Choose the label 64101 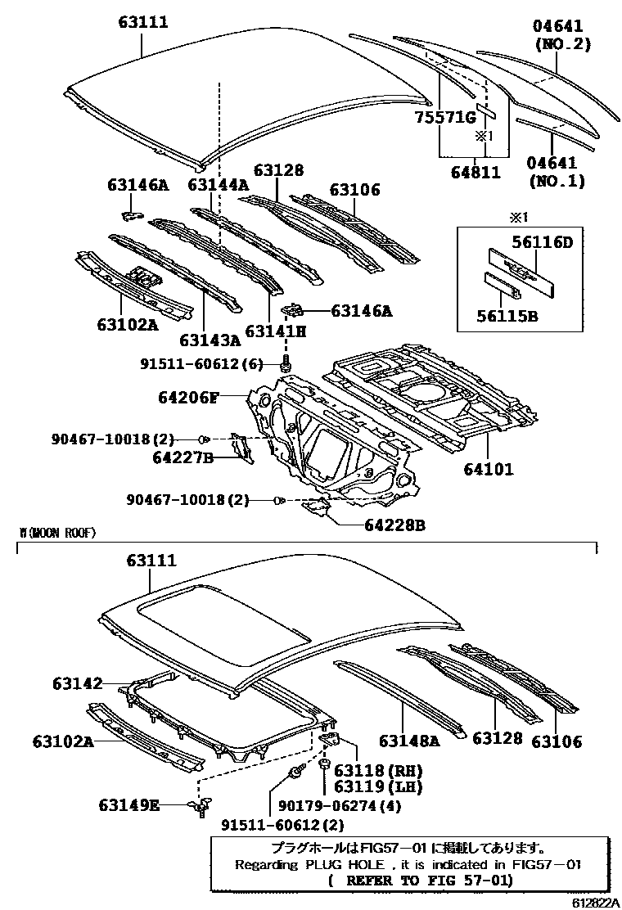(489, 470)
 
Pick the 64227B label (183, 457)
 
